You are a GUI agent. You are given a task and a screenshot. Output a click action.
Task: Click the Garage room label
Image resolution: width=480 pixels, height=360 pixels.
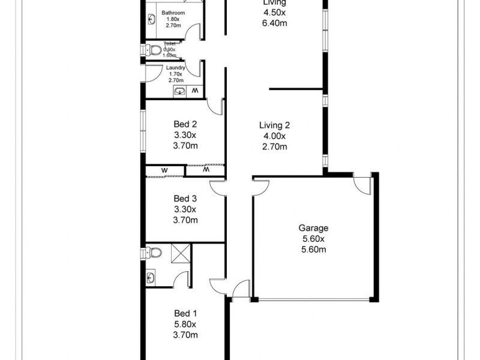(x=313, y=228)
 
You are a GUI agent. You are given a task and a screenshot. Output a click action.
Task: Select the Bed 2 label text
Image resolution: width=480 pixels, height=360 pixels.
(x=185, y=125)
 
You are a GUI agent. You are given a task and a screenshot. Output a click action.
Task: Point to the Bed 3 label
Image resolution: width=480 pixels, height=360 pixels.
(x=185, y=199)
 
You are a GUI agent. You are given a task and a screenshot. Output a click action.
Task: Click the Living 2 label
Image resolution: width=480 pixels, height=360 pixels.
(x=274, y=125)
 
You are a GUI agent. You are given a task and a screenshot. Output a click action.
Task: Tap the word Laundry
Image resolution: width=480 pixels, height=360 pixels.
(x=175, y=68)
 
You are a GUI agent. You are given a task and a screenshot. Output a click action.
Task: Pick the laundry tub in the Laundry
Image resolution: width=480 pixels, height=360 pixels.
(x=179, y=91)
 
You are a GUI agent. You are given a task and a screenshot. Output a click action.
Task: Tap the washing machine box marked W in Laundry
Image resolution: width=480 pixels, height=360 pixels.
(x=194, y=91)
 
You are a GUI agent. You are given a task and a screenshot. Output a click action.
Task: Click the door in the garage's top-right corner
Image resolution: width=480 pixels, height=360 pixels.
(x=362, y=183)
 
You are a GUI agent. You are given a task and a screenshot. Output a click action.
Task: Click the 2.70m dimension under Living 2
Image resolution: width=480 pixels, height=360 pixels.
(x=274, y=146)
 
